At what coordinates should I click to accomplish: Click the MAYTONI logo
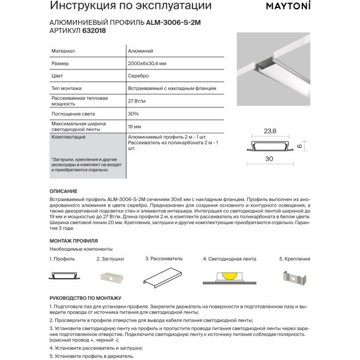(x=288, y=6)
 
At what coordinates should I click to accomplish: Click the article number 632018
(x=94, y=30)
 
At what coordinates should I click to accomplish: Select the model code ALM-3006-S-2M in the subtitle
(x=173, y=22)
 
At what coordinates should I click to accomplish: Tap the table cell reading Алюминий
(x=140, y=51)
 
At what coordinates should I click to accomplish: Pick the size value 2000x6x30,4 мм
(x=147, y=63)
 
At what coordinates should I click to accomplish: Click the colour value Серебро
(x=138, y=76)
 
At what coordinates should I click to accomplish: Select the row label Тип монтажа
(x=66, y=88)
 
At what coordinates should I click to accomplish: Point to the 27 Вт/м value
(x=137, y=101)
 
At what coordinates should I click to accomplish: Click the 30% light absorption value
(x=133, y=114)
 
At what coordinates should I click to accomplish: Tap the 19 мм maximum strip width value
(x=135, y=127)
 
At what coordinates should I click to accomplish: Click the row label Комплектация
(x=68, y=137)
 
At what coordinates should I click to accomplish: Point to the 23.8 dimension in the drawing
(x=270, y=131)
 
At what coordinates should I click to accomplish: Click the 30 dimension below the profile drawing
(x=269, y=159)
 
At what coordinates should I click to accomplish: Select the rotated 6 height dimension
(x=299, y=146)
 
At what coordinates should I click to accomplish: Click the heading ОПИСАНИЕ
(x=63, y=191)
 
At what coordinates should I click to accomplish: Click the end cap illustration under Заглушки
(x=112, y=277)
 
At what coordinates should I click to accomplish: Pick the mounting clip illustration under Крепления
(x=295, y=277)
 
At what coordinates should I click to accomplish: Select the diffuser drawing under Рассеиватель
(x=163, y=277)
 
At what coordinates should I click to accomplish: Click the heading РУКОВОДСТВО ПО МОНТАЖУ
(x=86, y=298)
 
